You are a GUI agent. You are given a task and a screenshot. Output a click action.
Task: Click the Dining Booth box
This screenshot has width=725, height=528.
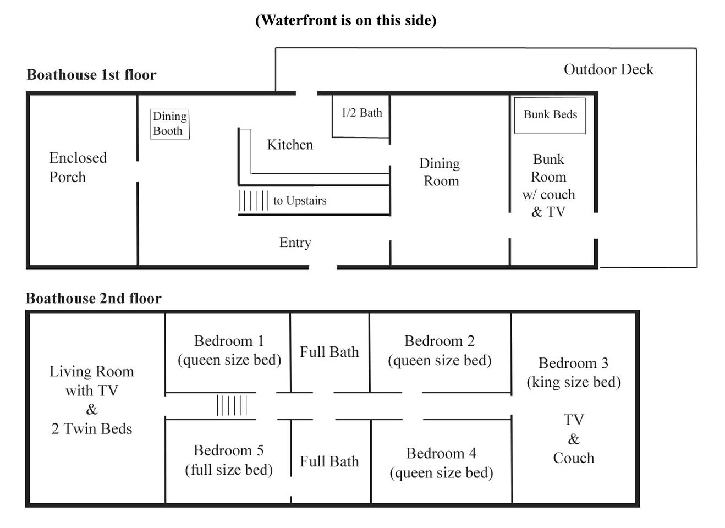click(x=170, y=124)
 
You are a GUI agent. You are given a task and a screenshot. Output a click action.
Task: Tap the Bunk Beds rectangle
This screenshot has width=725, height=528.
click(x=550, y=116)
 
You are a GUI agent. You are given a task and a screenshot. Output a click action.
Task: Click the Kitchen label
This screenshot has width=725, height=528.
click(x=290, y=145)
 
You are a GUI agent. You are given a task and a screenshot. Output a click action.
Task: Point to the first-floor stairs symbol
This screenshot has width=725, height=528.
click(x=254, y=200)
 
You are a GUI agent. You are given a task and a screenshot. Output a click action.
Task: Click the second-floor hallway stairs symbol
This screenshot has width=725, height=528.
click(x=232, y=406)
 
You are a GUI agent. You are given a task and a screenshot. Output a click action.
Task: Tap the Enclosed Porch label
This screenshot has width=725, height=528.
click(x=78, y=167)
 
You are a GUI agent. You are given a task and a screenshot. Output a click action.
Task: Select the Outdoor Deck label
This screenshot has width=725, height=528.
click(x=608, y=69)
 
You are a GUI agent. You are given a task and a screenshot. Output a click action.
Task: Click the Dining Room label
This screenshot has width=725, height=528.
click(x=440, y=172)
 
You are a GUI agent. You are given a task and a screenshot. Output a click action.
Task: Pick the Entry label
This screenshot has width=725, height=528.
click(x=295, y=243)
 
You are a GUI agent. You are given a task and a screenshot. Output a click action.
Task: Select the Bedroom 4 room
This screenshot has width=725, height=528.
click(x=441, y=463)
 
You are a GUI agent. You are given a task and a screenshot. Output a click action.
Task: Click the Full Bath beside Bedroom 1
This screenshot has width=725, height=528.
click(x=329, y=352)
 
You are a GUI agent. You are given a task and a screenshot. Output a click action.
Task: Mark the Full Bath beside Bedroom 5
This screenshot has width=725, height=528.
click(x=329, y=461)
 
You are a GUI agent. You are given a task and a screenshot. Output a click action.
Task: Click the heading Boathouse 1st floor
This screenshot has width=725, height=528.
click(x=91, y=75)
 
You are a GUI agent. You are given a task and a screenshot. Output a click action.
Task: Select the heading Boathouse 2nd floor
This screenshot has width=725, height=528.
click(x=94, y=298)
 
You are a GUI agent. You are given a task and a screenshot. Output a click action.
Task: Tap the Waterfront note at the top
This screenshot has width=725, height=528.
click(x=345, y=20)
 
